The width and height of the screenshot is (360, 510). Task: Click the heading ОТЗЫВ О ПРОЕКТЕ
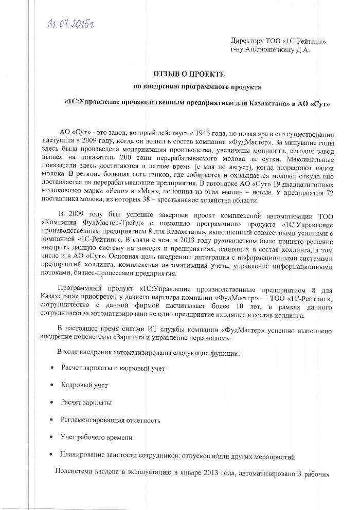click(189, 75)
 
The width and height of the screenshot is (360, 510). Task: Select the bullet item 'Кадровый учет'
click(84, 384)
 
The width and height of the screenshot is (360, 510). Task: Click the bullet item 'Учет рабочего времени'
click(96, 437)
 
